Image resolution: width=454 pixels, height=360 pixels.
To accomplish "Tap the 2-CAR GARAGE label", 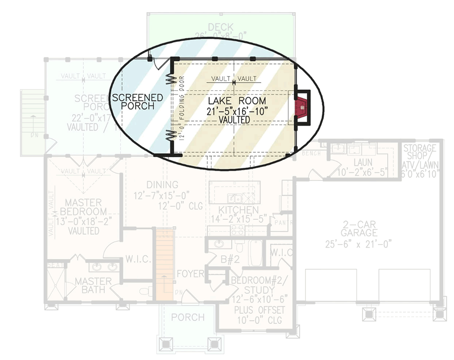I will (x=359, y=227).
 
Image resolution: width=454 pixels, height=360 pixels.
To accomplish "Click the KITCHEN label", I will (x=239, y=210).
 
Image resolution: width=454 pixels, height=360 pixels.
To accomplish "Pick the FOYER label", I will (x=190, y=274).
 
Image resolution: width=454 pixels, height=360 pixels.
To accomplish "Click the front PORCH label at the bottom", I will (x=187, y=317).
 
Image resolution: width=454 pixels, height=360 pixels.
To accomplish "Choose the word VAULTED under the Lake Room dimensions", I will (x=235, y=121).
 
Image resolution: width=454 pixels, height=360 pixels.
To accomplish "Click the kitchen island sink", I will (x=235, y=197).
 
